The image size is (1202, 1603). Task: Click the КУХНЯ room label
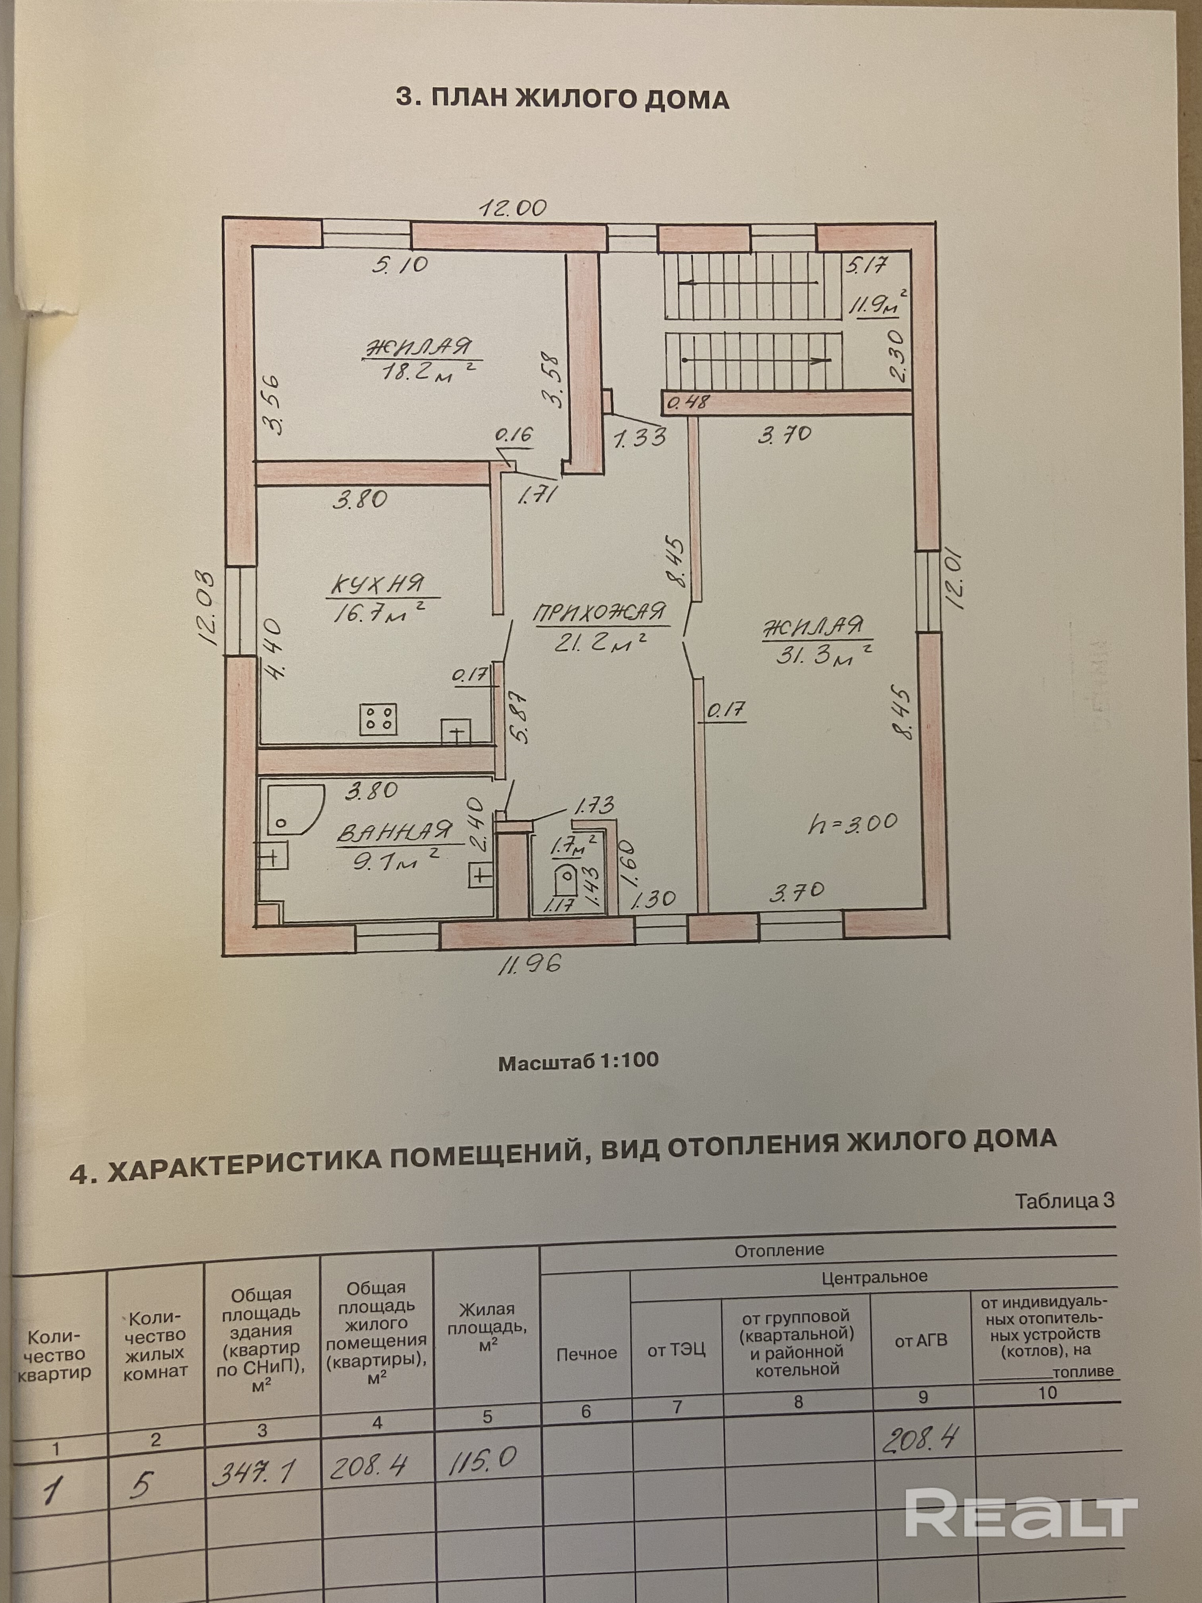click(378, 584)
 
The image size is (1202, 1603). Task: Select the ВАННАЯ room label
click(394, 832)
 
